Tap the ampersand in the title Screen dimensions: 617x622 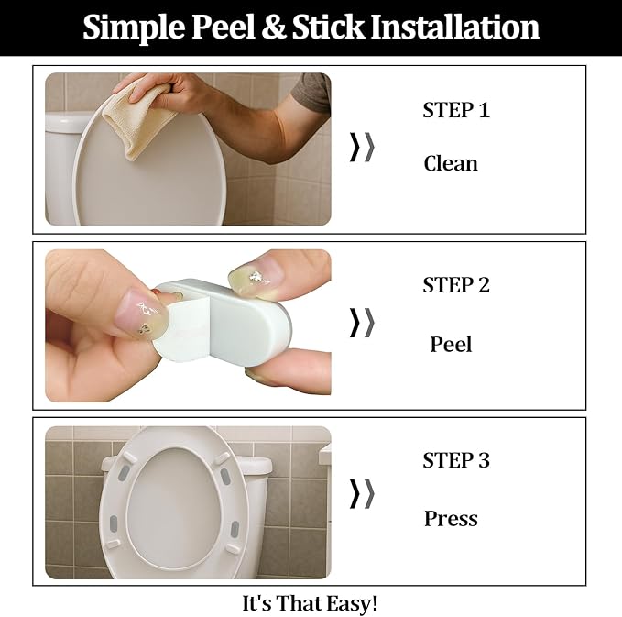point(274,28)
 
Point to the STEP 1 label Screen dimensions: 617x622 point(455,111)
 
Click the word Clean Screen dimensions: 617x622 point(450,163)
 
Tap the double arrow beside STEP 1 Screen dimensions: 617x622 point(362,147)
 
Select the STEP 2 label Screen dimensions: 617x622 point(455,285)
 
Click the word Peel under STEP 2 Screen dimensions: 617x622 point(451,345)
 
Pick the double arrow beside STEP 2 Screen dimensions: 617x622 point(362,322)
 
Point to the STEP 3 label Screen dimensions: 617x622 point(455,460)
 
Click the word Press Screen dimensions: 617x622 point(450,519)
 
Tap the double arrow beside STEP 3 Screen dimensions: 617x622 point(362,493)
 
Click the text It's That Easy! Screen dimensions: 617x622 point(310,603)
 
